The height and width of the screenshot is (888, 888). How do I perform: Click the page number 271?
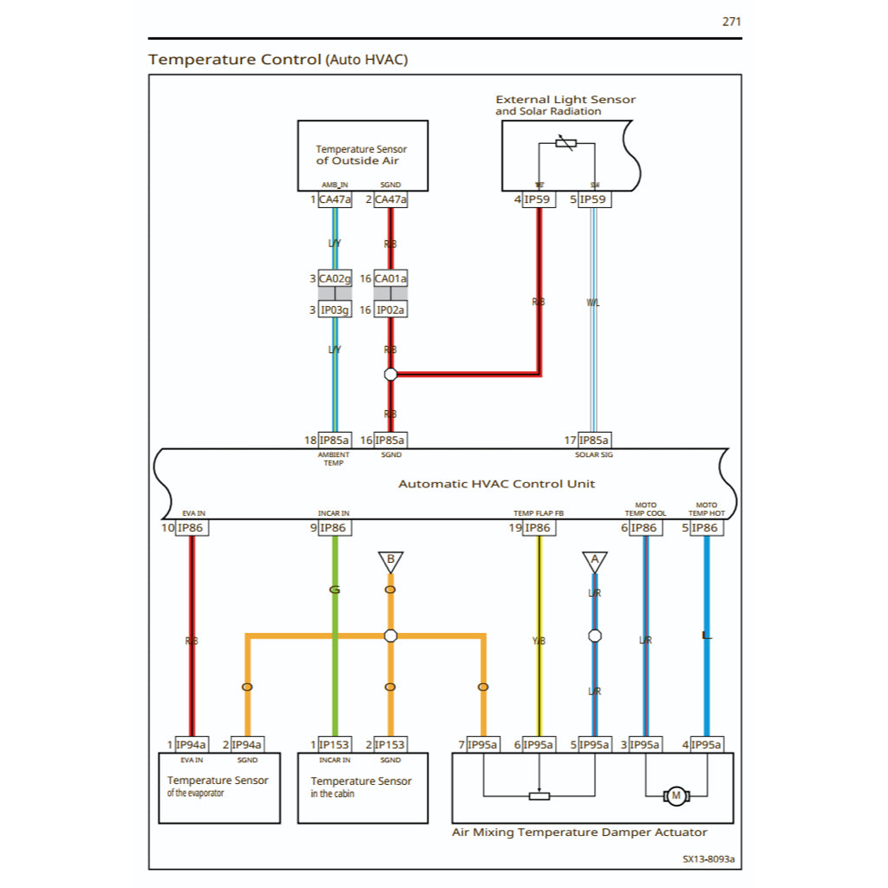point(731,22)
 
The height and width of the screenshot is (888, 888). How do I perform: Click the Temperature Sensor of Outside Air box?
point(362,155)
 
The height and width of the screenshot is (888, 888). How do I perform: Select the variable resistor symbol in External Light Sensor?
point(566,143)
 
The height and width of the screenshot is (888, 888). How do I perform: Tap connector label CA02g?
point(335,278)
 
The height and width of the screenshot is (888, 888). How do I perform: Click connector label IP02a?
point(390,310)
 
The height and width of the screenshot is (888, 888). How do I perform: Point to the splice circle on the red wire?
point(390,375)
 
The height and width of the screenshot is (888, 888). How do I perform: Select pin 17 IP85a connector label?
point(594,441)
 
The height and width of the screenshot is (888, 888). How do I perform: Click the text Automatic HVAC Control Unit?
point(496,484)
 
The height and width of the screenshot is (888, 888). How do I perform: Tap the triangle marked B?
point(390,561)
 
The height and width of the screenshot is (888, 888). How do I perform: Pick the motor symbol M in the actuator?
point(675,796)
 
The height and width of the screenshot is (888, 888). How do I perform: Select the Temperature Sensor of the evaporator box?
point(219,787)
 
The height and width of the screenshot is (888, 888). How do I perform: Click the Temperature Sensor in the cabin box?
point(362,787)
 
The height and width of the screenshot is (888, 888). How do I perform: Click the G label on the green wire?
point(335,590)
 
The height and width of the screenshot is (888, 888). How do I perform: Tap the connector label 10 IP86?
point(192,528)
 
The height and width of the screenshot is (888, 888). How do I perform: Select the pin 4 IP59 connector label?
point(539,199)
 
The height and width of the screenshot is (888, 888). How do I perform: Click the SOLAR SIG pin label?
point(594,454)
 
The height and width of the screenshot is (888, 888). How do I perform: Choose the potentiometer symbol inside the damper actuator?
point(539,796)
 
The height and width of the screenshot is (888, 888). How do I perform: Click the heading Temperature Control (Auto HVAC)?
point(277,60)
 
